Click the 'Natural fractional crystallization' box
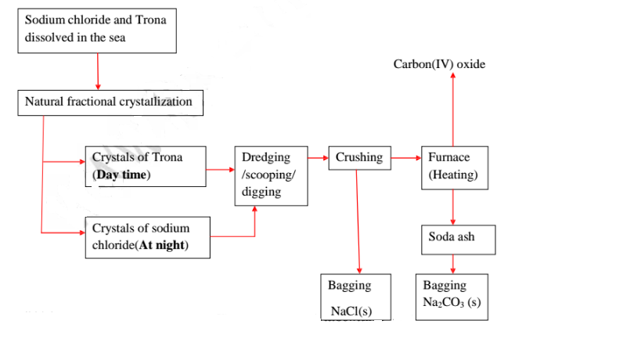pos(110,103)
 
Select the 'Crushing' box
pos(358,158)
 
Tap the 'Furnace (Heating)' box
pos(452,167)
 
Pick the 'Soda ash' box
pos(458,237)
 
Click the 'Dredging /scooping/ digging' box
pos(271,175)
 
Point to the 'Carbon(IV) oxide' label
pos(439,64)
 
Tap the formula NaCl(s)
pos(351,311)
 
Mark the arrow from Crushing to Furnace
pos(405,158)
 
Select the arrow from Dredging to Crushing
pos(318,158)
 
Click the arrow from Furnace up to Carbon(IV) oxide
pos(452,110)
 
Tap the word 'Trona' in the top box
pos(151,19)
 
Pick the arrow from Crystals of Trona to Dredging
pos(220,166)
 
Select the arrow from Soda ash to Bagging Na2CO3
pos(452,265)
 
